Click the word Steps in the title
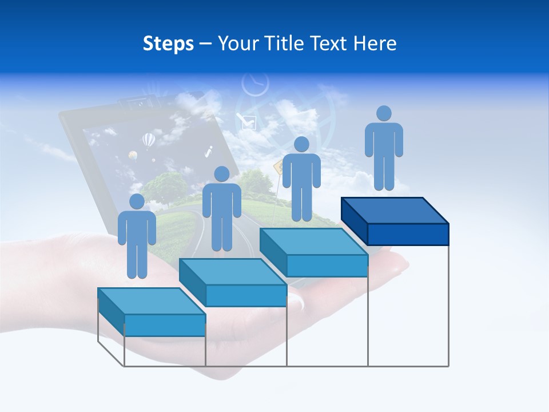pyautogui.click(x=168, y=43)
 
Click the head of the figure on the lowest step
pyautogui.click(x=137, y=201)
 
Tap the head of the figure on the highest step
pyautogui.click(x=384, y=113)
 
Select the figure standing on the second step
pyautogui.click(x=221, y=209)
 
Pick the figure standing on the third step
pyautogui.click(x=301, y=179)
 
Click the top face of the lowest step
pyautogui.click(x=151, y=301)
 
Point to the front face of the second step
pyautogui.click(x=246, y=295)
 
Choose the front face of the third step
pyautogui.click(x=327, y=266)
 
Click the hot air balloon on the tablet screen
pyautogui.click(x=148, y=139)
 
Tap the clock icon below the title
pyautogui.click(x=255, y=84)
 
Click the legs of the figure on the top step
pyautogui.click(x=384, y=172)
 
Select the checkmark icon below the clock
pyautogui.click(x=248, y=121)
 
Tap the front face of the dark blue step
pyautogui.click(x=408, y=234)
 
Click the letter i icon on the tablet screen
pyautogui.click(x=209, y=152)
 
